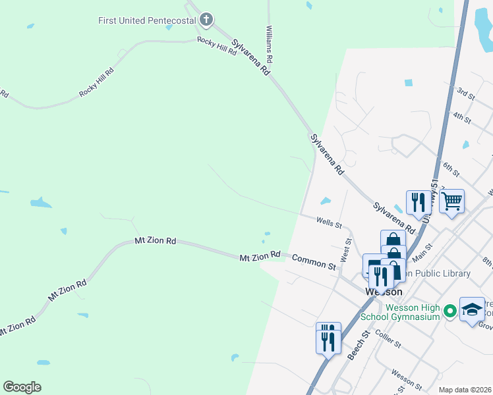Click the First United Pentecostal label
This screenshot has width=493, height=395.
tap(146, 20)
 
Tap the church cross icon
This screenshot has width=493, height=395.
tap(206, 20)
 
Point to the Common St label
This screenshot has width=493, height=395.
tap(314, 261)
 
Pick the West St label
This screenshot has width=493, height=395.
tap(345, 250)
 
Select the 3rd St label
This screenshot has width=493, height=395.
tap(466, 93)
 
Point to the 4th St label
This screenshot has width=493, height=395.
tap(461, 118)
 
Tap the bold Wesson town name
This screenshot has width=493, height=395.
tap(380, 292)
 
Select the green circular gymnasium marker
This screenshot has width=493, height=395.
tap(451, 309)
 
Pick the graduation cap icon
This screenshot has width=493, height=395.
tap(472, 309)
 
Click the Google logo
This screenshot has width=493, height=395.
tap(22, 387)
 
